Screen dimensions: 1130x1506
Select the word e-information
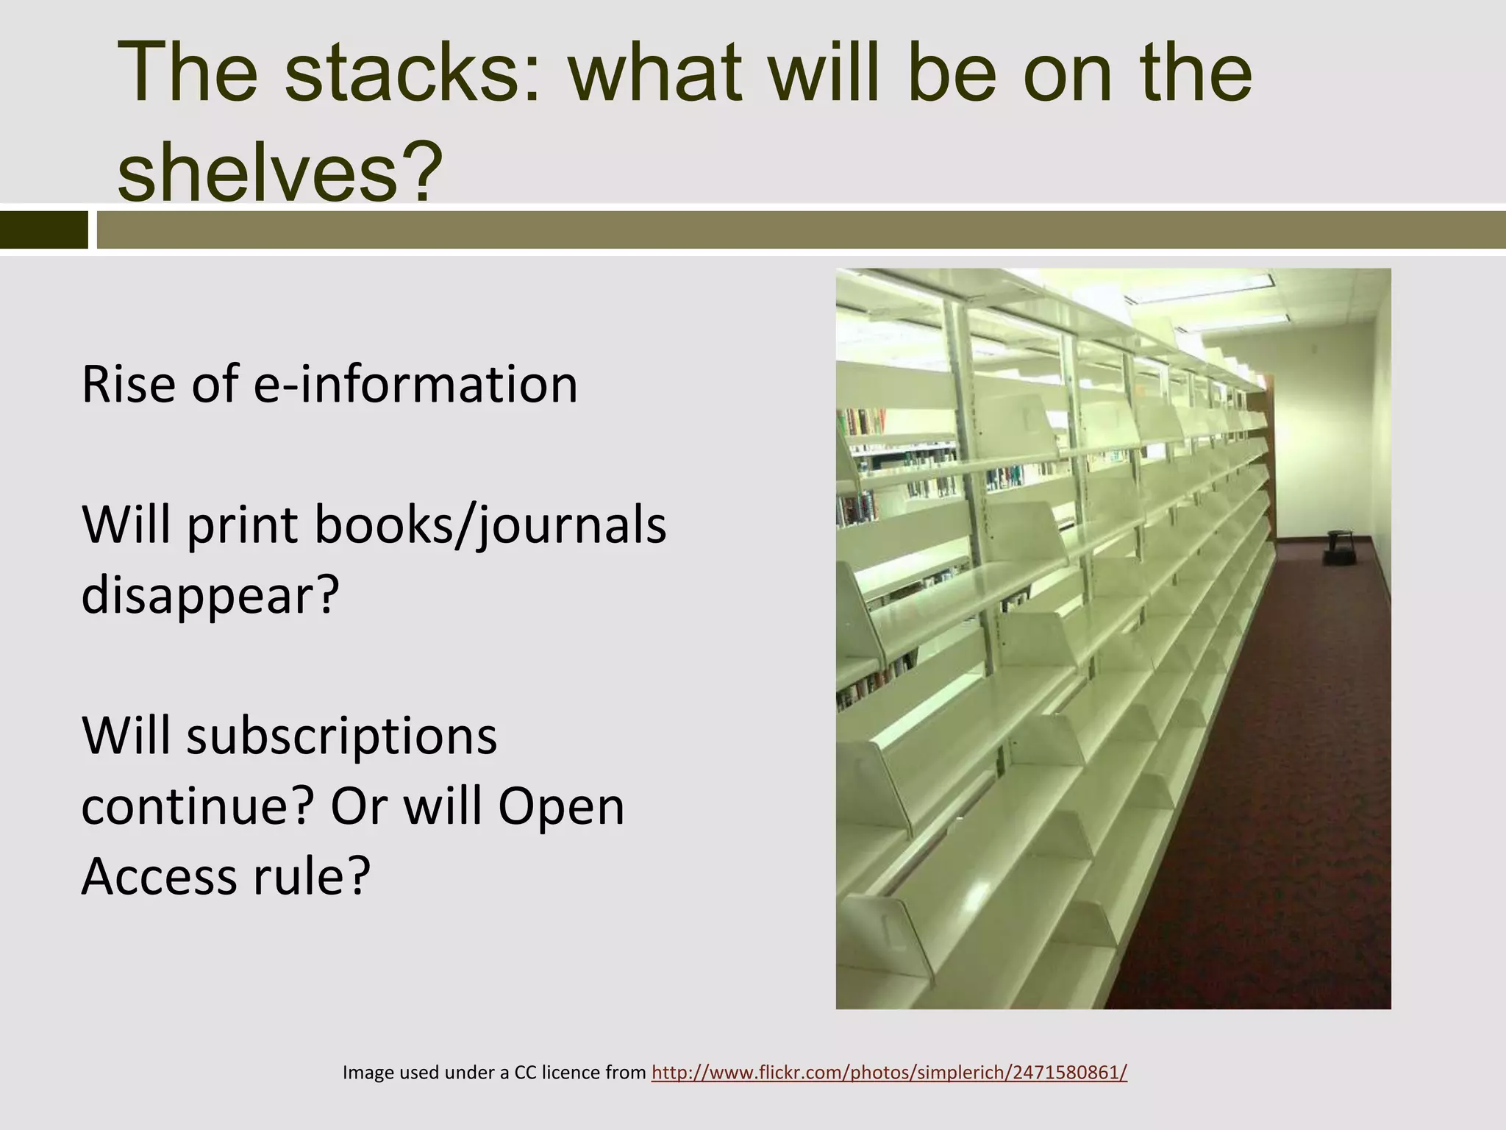tap(415, 384)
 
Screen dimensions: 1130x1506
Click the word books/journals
tap(490, 525)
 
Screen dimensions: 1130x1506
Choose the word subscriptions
tap(341, 736)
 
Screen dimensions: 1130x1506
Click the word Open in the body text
tap(560, 806)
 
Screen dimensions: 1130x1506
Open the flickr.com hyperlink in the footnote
tap(889, 1073)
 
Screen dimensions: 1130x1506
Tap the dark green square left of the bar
tap(43, 230)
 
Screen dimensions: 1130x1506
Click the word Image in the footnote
tap(368, 1073)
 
